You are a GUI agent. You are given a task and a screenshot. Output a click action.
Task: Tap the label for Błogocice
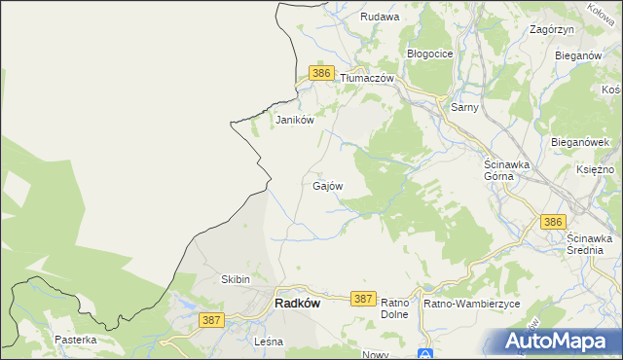pyautogui.click(x=429, y=54)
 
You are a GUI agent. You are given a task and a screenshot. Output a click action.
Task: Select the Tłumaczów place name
pyautogui.click(x=366, y=77)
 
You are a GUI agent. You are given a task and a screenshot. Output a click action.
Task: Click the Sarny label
pyautogui.click(x=464, y=107)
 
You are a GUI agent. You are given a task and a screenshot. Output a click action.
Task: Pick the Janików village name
pyautogui.click(x=295, y=120)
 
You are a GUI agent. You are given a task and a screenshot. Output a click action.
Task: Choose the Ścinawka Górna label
pyautogui.click(x=506, y=171)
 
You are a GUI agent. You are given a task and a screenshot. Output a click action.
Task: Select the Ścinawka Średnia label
pyautogui.click(x=589, y=244)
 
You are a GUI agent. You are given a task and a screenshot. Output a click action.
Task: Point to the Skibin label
pyautogui.click(x=237, y=280)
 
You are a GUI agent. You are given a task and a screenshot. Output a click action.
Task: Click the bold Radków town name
pyautogui.click(x=298, y=303)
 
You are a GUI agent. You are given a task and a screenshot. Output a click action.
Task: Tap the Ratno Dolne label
pyautogui.click(x=393, y=309)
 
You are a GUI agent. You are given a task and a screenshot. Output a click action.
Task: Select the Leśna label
pyautogui.click(x=267, y=342)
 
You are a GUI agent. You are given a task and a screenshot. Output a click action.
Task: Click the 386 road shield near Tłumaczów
pyautogui.click(x=323, y=73)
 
